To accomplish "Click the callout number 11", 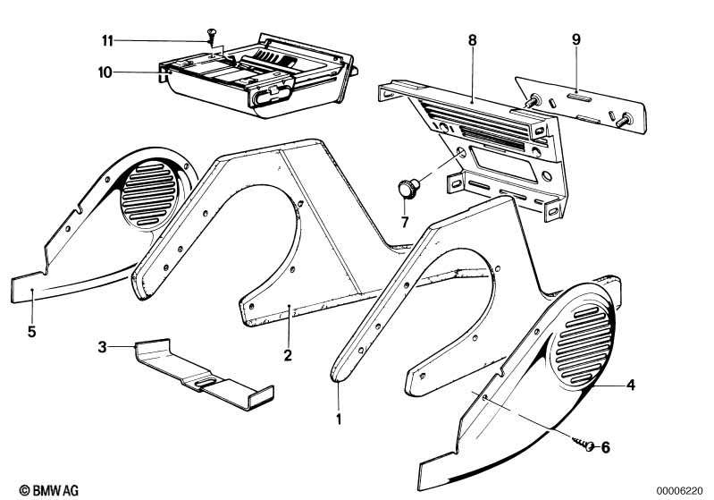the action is (107, 41).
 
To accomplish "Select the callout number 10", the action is (105, 72).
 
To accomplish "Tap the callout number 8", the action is (472, 40).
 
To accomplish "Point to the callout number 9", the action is (576, 39).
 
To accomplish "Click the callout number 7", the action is (405, 222).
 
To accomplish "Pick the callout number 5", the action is (31, 331).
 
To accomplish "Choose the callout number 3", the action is (102, 347).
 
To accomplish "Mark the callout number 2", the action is (288, 354).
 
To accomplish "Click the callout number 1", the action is (339, 419).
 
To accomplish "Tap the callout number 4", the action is (630, 386).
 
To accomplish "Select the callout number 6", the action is (605, 447).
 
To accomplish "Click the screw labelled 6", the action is (584, 444).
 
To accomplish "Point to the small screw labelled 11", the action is (211, 37).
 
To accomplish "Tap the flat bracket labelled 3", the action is (204, 374).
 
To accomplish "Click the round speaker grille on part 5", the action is (148, 193).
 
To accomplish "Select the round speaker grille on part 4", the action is (581, 345).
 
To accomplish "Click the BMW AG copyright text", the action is (49, 490).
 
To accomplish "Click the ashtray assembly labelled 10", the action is (257, 75).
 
